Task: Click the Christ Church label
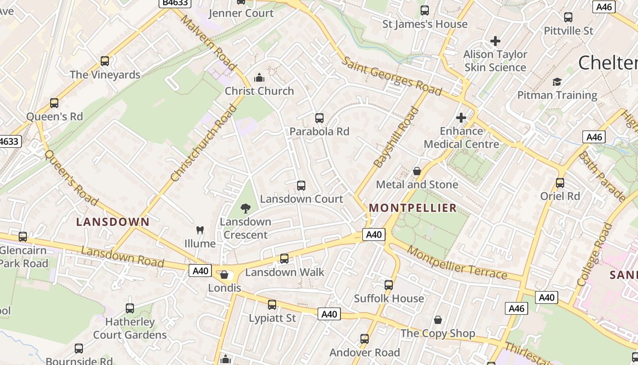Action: click(x=259, y=91)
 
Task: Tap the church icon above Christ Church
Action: click(x=259, y=77)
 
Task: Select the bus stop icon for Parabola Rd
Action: click(x=319, y=118)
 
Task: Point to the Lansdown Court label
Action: click(x=301, y=199)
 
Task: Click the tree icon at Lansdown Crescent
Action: click(x=246, y=209)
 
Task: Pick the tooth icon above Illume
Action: click(x=200, y=230)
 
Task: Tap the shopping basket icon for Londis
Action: click(x=224, y=275)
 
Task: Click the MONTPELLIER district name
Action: click(x=413, y=208)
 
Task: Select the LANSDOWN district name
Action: click(x=113, y=222)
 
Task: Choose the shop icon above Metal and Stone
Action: click(x=417, y=171)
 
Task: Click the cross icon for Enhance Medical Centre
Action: click(x=461, y=118)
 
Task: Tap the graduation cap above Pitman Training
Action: click(x=557, y=82)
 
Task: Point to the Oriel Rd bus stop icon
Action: click(x=560, y=183)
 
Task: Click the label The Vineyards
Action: click(x=105, y=75)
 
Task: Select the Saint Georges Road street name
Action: click(x=392, y=76)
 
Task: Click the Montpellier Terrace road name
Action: click(x=457, y=262)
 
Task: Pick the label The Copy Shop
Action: click(x=437, y=334)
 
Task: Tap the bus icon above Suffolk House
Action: click(x=389, y=285)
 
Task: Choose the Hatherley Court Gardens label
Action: click(x=130, y=328)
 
